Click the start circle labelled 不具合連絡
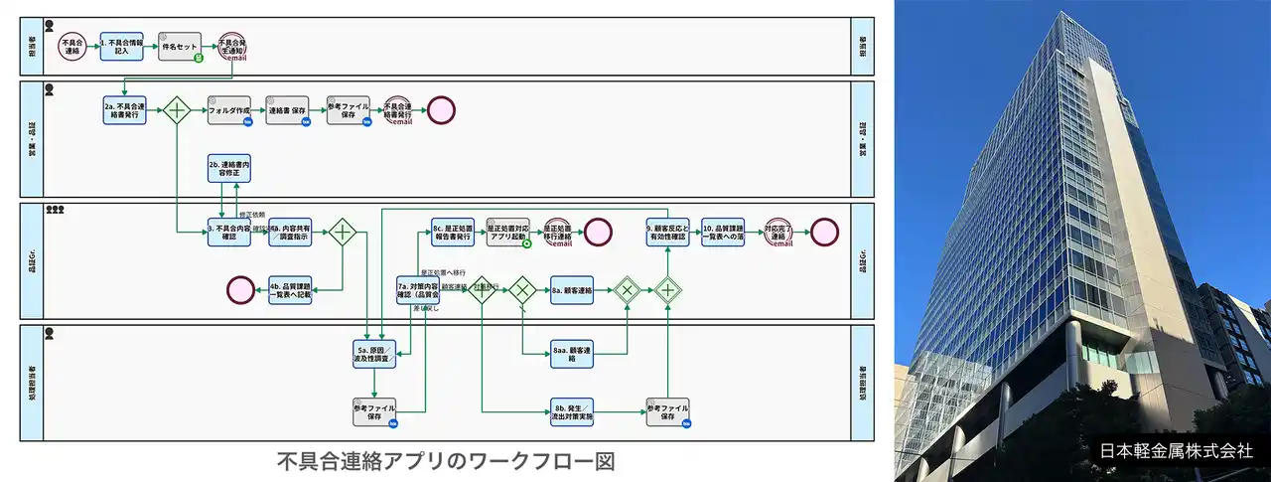pyautogui.click(x=71, y=47)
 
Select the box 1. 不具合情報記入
pyautogui.click(x=122, y=47)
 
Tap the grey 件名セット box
pyautogui.click(x=180, y=47)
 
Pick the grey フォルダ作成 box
pyautogui.click(x=228, y=110)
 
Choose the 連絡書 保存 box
pyautogui.click(x=287, y=110)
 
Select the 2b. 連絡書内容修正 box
pyautogui.click(x=228, y=168)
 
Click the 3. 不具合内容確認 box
pyautogui.click(x=228, y=233)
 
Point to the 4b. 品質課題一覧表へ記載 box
pyautogui.click(x=290, y=290)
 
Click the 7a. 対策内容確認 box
pyautogui.click(x=418, y=290)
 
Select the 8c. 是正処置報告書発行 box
pyautogui.click(x=452, y=233)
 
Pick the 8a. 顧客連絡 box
pyautogui.click(x=572, y=290)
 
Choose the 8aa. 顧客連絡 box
pyautogui.click(x=572, y=354)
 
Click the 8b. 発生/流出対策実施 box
pyautogui.click(x=572, y=412)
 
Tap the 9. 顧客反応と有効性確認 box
pyautogui.click(x=667, y=233)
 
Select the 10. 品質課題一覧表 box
pyautogui.click(x=723, y=233)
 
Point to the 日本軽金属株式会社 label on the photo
pyautogui.click(x=1177, y=449)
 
